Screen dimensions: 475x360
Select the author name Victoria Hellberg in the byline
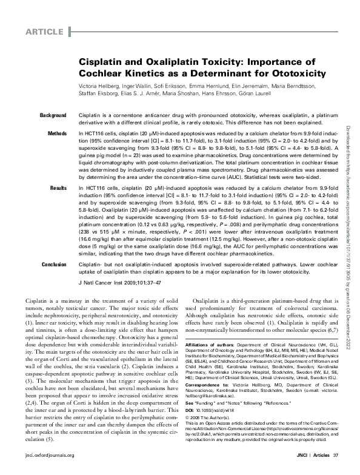coord(99,87)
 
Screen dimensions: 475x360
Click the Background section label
coord(53,115)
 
